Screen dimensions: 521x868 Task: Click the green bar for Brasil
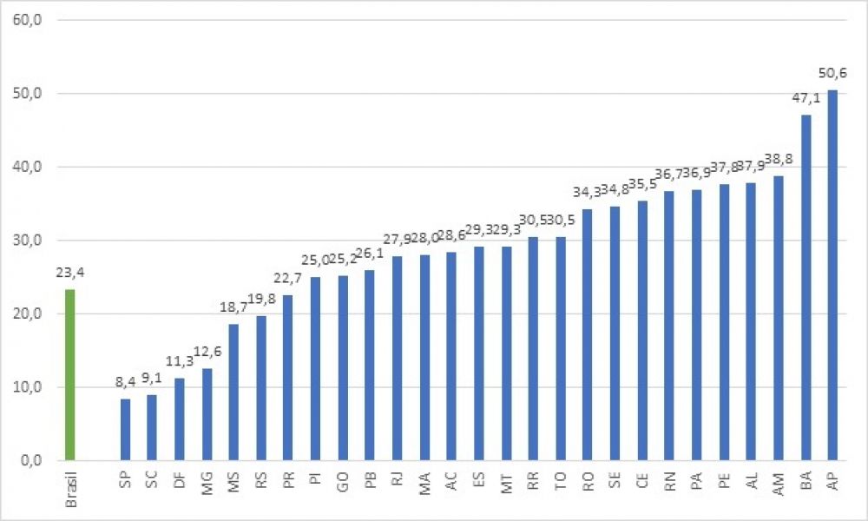70,374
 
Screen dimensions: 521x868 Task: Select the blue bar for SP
125,429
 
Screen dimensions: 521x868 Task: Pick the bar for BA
806,287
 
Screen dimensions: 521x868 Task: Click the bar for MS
233,392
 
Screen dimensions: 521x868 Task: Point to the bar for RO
588,334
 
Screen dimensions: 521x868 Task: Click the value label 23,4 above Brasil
70,273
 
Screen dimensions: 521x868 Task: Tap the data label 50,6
832,73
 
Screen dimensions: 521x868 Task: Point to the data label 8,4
125,383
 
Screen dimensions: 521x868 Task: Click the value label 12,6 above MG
207,352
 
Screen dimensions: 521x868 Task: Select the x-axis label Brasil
72,486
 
